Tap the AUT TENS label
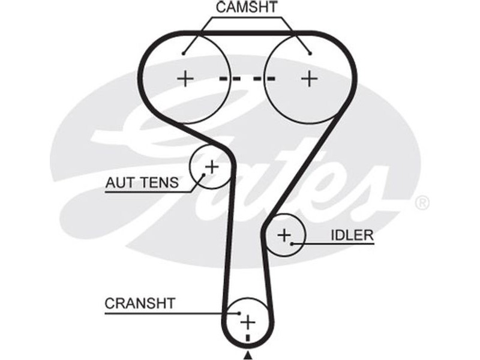pyautogui.click(x=142, y=182)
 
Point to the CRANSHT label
pyautogui.click(x=140, y=304)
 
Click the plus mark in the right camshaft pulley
pyautogui.click(x=309, y=78)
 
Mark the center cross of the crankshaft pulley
pyautogui.click(x=247, y=322)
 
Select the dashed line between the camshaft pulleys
pyautogui.click(x=247, y=78)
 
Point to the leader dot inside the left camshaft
pyautogui.click(x=185, y=53)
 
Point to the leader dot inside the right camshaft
pyautogui.click(x=310, y=53)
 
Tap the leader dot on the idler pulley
pyautogui.click(x=292, y=243)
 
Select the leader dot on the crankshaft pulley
pyautogui.click(x=239, y=313)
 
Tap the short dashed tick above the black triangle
pyautogui.click(x=247, y=340)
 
